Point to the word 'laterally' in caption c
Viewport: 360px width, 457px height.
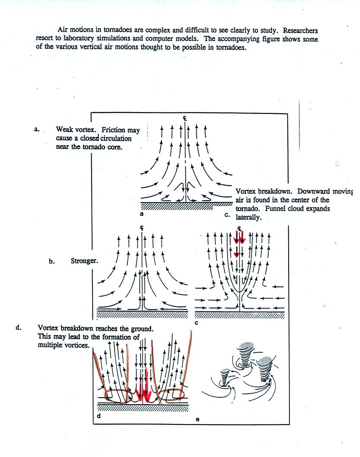click(249, 217)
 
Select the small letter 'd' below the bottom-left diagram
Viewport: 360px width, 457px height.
click(99, 416)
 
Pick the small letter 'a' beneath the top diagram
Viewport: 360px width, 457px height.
click(141, 213)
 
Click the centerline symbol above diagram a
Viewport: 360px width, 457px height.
click(185, 117)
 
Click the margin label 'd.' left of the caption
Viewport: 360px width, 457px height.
click(19, 328)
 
